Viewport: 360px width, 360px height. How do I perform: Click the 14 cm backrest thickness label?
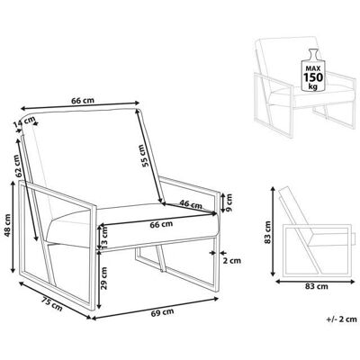click(24, 122)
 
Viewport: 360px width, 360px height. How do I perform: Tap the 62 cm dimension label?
click(18, 166)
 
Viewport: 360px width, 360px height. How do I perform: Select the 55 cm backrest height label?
click(145, 156)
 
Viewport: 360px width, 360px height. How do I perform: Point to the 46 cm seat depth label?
click(191, 205)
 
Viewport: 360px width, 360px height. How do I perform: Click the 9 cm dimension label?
click(229, 202)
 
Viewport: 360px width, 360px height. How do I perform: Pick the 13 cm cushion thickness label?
click(104, 237)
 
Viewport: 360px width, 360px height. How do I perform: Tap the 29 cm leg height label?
click(104, 277)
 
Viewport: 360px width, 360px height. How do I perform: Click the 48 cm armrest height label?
click(7, 225)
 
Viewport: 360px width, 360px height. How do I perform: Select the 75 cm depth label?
click(52, 303)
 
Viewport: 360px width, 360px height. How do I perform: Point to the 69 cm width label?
click(162, 312)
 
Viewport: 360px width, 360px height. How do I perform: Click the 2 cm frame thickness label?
click(232, 261)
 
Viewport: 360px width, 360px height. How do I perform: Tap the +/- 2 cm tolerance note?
click(342, 319)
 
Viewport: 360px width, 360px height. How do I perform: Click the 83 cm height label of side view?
click(268, 232)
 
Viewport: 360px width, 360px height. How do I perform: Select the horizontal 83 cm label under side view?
click(317, 286)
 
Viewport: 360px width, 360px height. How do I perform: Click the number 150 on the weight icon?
click(313, 77)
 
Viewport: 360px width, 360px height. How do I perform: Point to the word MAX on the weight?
click(313, 68)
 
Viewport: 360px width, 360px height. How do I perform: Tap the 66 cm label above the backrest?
click(83, 100)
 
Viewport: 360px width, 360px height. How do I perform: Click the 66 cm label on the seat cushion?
click(161, 224)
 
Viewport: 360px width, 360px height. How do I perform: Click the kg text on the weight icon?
click(313, 86)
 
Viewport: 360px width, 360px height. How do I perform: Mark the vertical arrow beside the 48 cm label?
click(13, 227)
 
